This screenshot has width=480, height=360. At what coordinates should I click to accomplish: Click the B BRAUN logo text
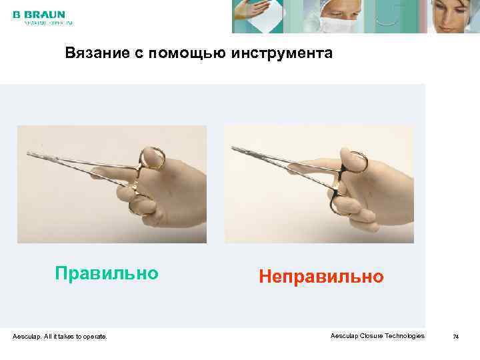39,14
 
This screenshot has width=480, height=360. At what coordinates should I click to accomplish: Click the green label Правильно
107,273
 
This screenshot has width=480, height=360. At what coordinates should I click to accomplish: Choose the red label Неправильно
321,276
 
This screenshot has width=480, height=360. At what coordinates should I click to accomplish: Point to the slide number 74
456,337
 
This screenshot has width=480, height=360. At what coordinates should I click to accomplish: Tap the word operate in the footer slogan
93,337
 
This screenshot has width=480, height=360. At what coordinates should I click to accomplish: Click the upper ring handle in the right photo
355,161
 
